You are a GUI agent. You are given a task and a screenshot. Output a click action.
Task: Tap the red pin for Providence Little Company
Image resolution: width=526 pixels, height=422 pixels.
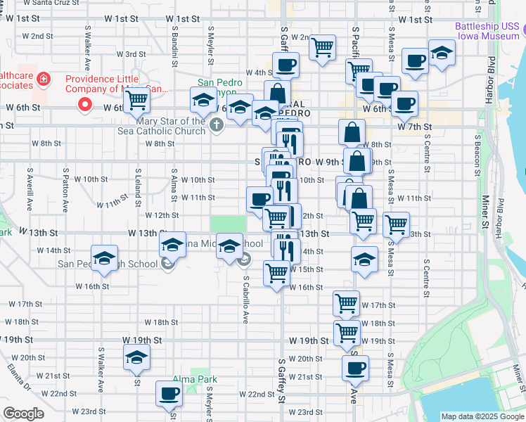pos(86,105)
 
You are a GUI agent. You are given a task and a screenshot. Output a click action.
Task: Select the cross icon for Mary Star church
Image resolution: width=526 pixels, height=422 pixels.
pos(217,125)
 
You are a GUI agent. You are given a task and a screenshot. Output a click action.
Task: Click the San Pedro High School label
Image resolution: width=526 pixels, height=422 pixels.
pos(108,264)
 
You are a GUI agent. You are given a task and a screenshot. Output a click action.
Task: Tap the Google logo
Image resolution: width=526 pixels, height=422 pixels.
pos(23,414)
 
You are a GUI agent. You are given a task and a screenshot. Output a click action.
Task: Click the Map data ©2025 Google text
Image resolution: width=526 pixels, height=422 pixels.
pos(482,416)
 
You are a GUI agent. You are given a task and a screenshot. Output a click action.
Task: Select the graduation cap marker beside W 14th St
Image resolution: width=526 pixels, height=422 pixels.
pos(103,258)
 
